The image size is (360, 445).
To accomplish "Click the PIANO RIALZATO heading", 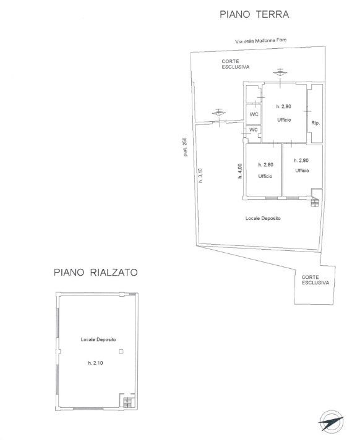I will (95, 271).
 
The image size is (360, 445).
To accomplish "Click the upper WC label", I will (254, 115).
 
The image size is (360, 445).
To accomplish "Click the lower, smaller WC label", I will (253, 130).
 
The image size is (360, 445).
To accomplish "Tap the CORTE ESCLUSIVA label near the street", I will (234, 64).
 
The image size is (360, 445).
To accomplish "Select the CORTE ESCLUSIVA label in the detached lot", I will (315, 280).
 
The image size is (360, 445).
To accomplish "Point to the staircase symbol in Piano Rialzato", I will (127, 403).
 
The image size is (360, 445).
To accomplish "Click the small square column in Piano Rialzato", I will (121, 352).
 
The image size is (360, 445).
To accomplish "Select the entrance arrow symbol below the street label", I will (280, 71).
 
